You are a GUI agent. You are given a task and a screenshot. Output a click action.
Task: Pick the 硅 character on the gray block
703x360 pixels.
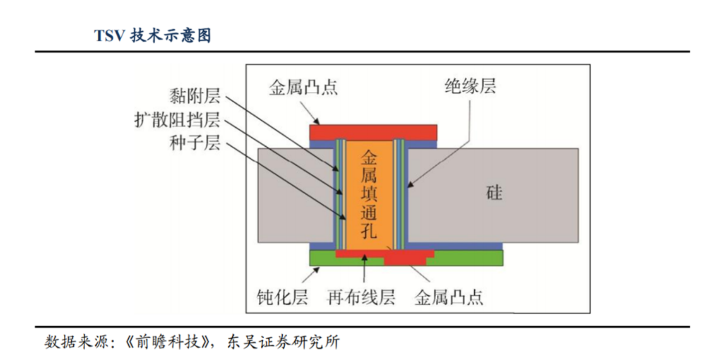pyautogui.click(x=494, y=192)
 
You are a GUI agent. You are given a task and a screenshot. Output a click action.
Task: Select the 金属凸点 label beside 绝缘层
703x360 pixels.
pyautogui.click(x=303, y=88)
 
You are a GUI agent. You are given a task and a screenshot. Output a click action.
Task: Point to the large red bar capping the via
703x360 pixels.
pyautogui.click(x=373, y=132)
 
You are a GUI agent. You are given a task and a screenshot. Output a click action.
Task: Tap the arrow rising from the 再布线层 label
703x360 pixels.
pyautogui.click(x=365, y=272)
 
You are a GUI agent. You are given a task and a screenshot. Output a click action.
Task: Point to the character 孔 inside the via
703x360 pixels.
pyautogui.click(x=369, y=231)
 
